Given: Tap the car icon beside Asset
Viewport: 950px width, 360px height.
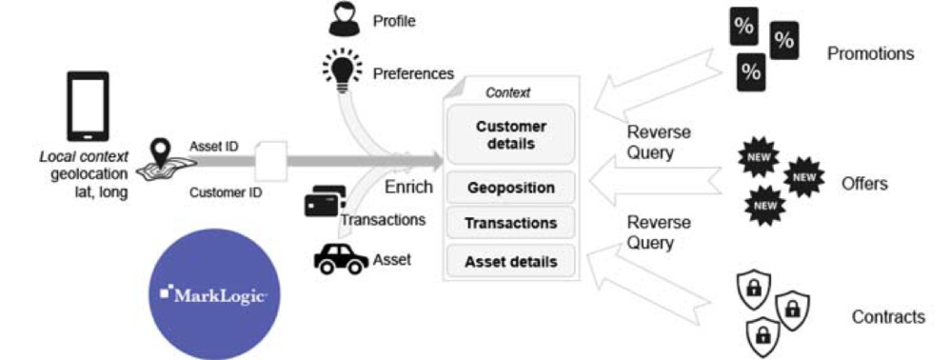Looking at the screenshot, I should pyautogui.click(x=340, y=258).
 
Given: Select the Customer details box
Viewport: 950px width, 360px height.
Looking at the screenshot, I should pyautogui.click(x=510, y=135).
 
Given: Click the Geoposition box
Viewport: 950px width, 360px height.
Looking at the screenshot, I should pyautogui.click(x=510, y=188).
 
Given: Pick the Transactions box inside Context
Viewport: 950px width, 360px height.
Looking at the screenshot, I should pyautogui.click(x=510, y=224).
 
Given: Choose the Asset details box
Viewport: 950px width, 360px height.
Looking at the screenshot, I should pyautogui.click(x=510, y=260).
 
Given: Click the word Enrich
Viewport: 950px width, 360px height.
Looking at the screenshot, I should pyautogui.click(x=409, y=187).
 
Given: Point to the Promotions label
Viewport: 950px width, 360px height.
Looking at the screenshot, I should pyautogui.click(x=870, y=53).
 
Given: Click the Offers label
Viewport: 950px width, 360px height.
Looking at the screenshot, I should pyautogui.click(x=864, y=184).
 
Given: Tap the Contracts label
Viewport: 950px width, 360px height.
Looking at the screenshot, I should pyautogui.click(x=887, y=317).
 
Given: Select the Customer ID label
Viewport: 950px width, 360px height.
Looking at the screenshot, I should pyautogui.click(x=225, y=191).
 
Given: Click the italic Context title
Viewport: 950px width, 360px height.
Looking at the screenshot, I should pyautogui.click(x=507, y=92).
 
